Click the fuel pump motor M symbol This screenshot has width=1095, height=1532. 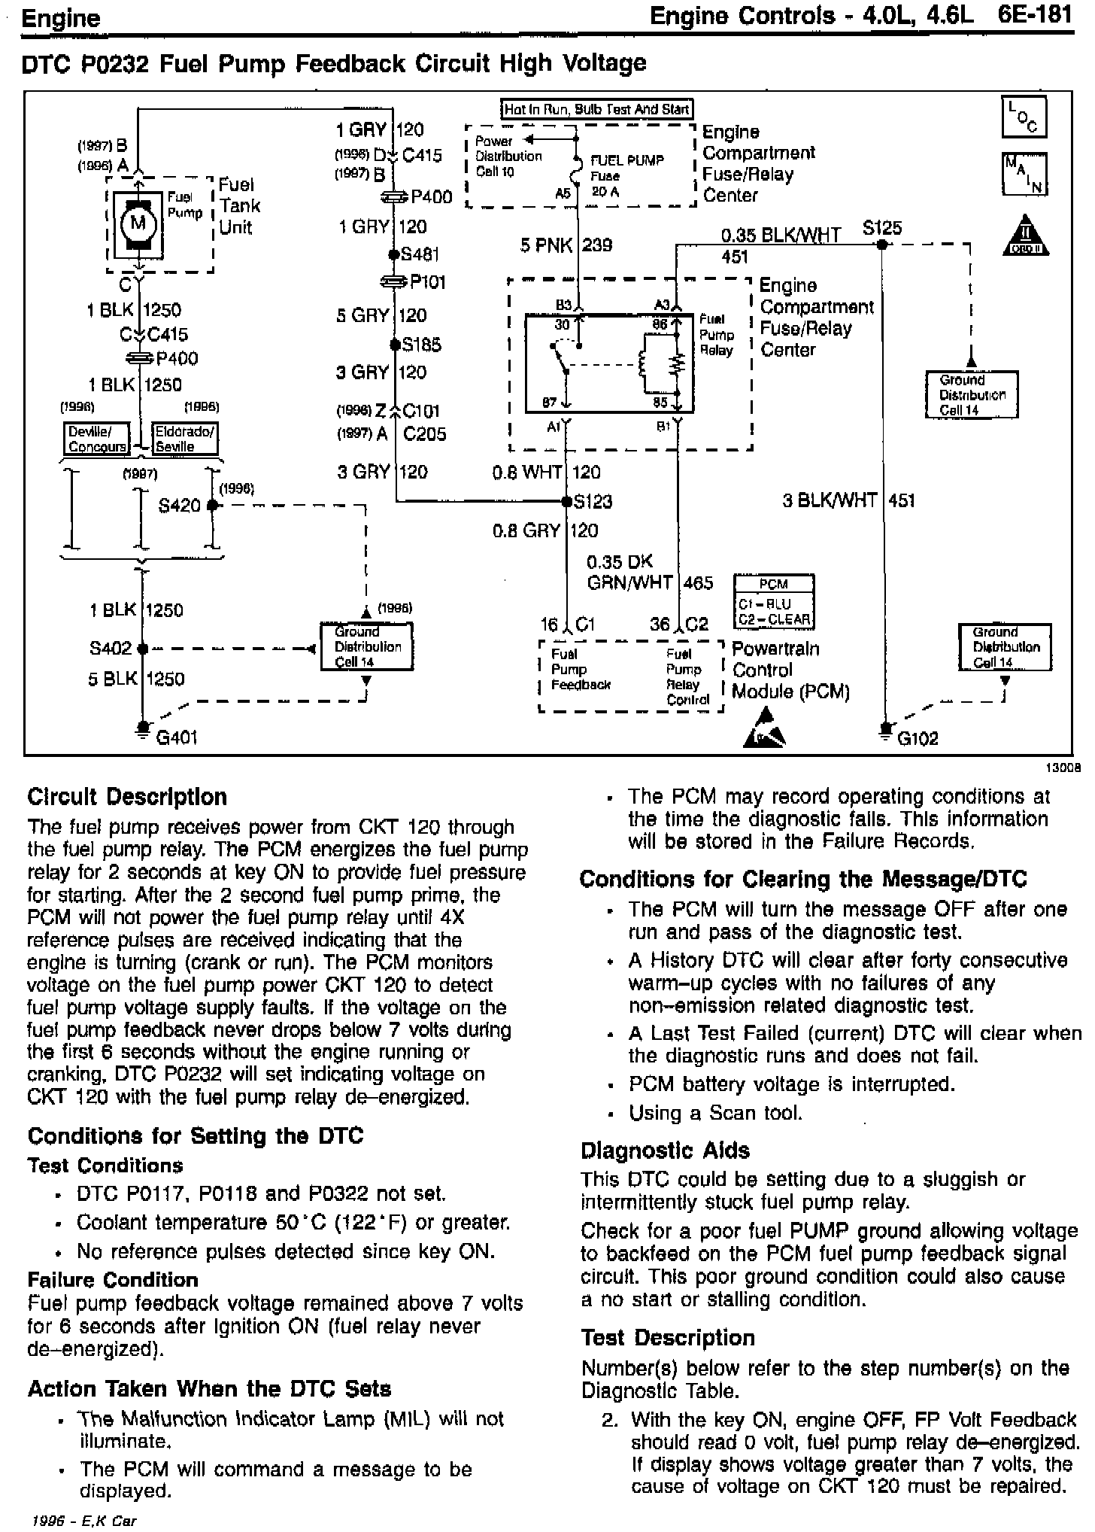point(138,222)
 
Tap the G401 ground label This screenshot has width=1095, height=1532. point(176,737)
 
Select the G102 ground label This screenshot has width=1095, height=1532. point(918,737)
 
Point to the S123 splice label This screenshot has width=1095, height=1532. point(593,501)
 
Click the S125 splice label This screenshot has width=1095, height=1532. point(881,228)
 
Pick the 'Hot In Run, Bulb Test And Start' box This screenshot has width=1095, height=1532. point(596,109)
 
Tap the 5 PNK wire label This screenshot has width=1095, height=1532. point(546,245)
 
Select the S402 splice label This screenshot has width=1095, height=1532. point(111,648)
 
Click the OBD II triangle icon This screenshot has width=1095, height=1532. point(1024,237)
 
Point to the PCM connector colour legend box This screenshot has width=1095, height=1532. point(773,601)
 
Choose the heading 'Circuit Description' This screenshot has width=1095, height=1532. point(127,797)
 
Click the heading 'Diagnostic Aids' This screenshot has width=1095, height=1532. point(665,1151)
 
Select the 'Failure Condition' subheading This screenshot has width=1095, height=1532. point(113,1280)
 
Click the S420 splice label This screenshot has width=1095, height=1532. point(180,505)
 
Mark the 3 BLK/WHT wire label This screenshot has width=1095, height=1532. point(830,500)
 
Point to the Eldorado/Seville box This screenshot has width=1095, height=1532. point(184,439)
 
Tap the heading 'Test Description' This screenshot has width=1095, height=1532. point(667,1337)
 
